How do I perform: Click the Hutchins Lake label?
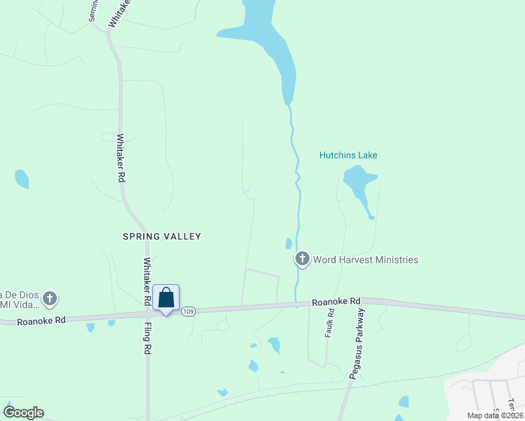348,155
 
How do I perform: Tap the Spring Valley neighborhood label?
162,236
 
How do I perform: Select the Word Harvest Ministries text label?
365,260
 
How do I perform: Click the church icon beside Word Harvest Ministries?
303,260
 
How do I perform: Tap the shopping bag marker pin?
166,298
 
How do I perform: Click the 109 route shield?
187,312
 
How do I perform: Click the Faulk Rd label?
329,323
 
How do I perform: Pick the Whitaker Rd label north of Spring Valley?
121,158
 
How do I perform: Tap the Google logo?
23,413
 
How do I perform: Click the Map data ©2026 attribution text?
494,415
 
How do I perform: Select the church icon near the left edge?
49,299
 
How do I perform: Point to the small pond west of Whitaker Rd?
22,178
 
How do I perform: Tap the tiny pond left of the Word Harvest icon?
288,243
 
